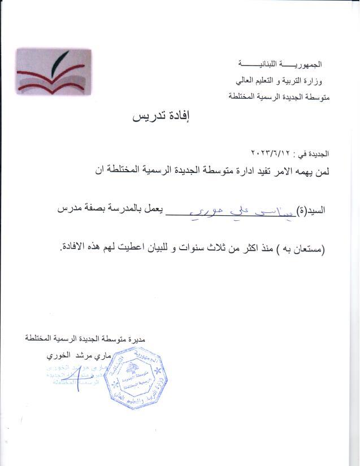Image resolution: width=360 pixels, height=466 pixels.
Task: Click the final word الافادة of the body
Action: click(73, 248)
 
